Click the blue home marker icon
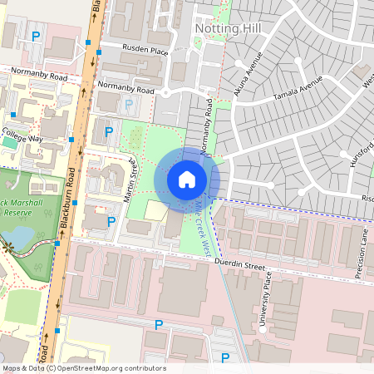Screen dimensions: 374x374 [x=186, y=180]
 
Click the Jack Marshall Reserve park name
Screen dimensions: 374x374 [x=21, y=212]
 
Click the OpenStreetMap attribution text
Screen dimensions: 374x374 [x=83, y=367]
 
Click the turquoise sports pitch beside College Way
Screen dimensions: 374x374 [x=8, y=141]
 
